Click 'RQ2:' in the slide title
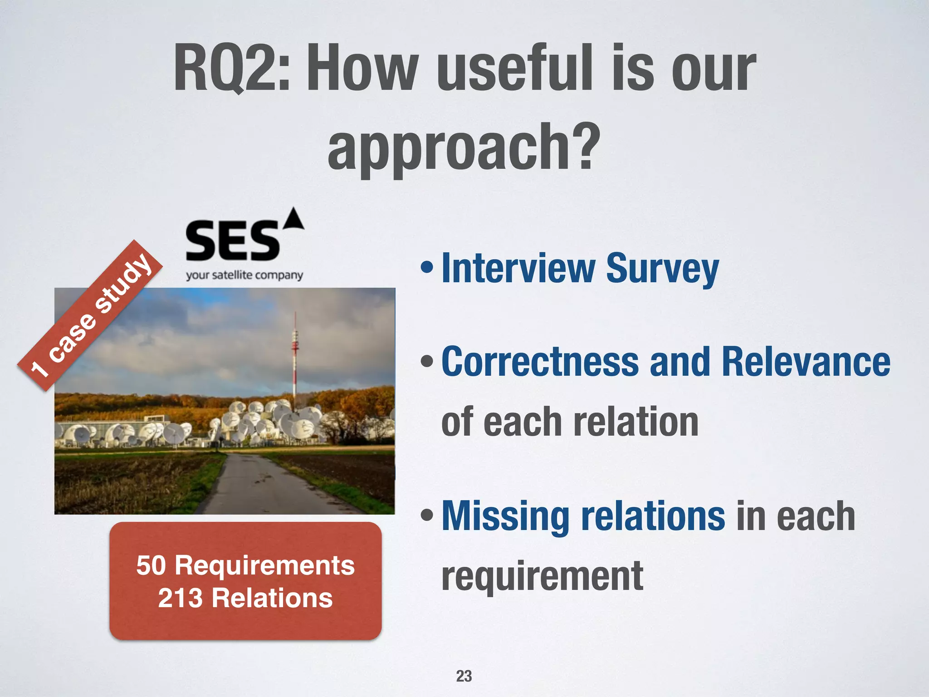point(231,68)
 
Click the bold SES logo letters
point(232,241)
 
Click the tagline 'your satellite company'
point(244,275)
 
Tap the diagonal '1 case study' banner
point(91,315)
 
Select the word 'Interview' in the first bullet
point(518,269)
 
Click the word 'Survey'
point(662,269)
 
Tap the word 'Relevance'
point(806,362)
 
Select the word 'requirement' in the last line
point(542,575)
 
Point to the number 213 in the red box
point(180,598)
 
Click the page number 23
point(464,676)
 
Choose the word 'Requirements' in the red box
point(265,565)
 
